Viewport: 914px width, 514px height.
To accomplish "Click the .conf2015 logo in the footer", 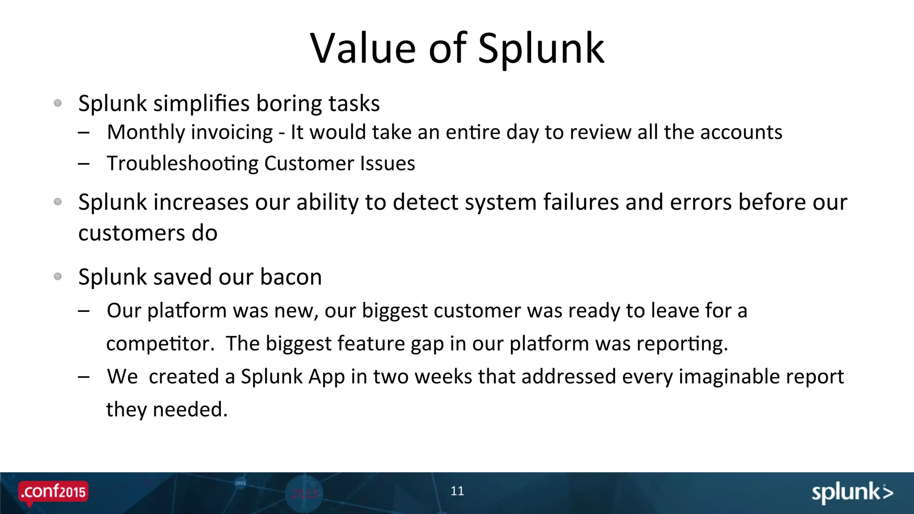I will pos(54,492).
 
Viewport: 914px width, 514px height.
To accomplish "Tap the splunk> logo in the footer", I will pos(852,493).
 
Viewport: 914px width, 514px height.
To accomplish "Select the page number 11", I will pos(457,491).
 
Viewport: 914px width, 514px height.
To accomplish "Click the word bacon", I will pos(291,277).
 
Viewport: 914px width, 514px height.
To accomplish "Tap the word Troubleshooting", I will pos(182,164).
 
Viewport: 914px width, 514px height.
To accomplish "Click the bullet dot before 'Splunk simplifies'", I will pos(58,103).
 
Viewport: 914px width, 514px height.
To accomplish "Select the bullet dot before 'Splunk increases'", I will pos(58,202).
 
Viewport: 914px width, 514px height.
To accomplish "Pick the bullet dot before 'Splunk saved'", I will pos(58,277).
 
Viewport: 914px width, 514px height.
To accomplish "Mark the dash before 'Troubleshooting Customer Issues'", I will pos(83,164).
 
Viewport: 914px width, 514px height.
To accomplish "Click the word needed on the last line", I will pos(190,410).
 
